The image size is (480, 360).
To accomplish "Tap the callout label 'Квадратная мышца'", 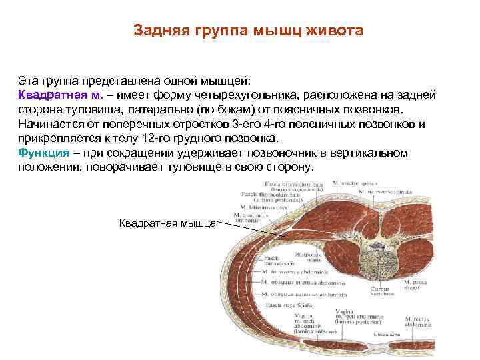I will (167, 223).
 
